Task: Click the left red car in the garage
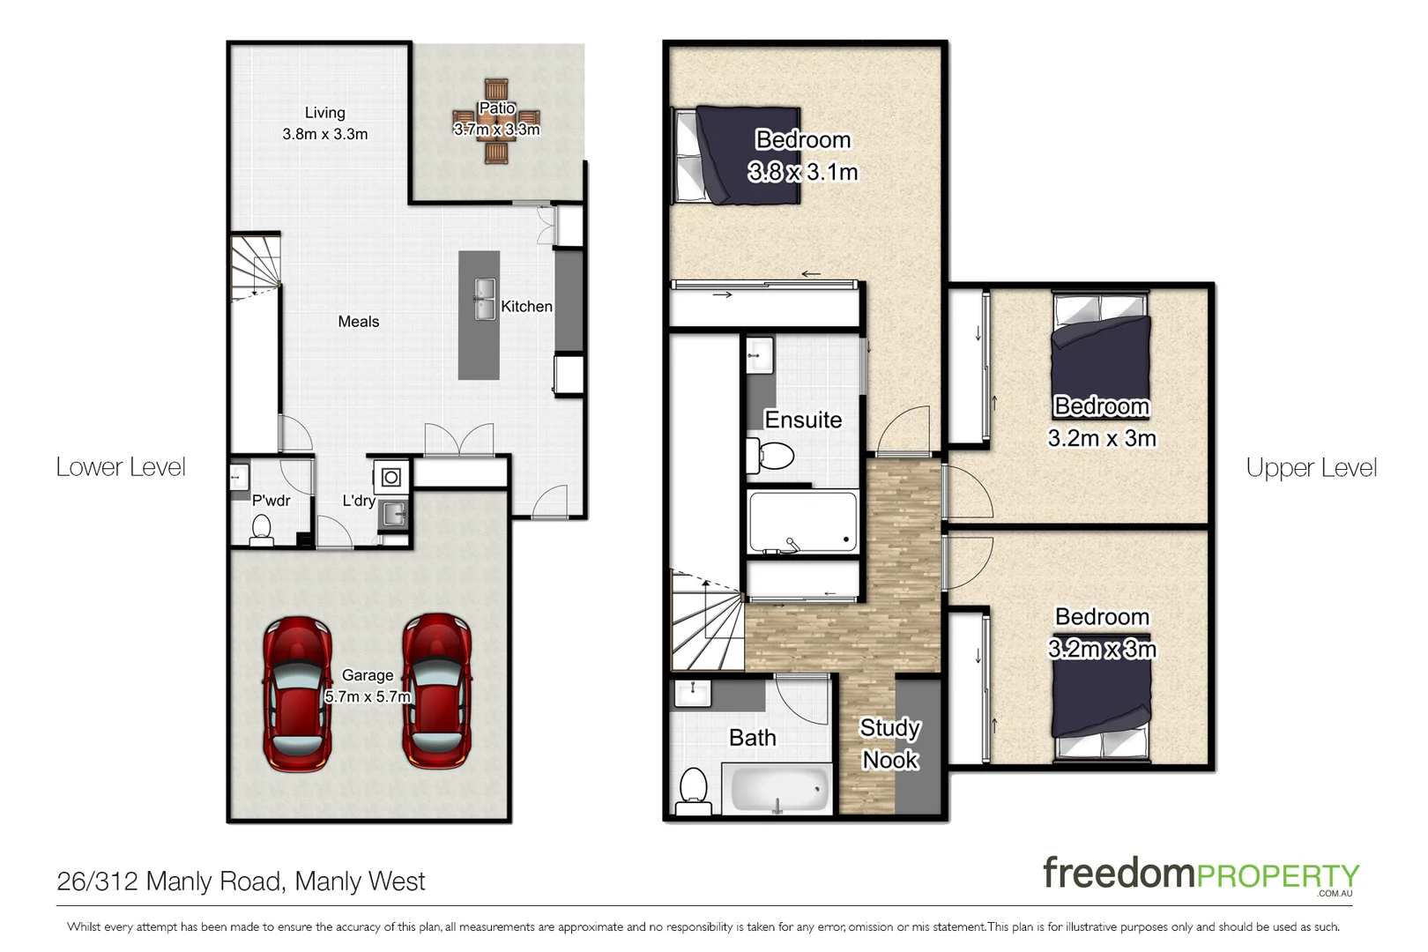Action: pos(297,694)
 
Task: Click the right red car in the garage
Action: pos(437,690)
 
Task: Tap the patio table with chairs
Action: pos(496,122)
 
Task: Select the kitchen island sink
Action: pos(484,299)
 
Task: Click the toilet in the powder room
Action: pos(261,529)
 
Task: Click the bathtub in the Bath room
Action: pos(777,787)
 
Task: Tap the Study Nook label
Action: pos(889,743)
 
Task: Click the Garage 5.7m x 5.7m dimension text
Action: pos(368,687)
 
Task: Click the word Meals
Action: pos(358,322)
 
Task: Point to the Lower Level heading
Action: pos(121,467)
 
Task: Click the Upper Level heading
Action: pos(1311,468)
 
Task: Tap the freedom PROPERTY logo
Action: pos(1200,874)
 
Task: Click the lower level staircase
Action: pos(256,267)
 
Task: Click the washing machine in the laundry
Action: pos(391,478)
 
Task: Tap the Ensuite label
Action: pos(802,420)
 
